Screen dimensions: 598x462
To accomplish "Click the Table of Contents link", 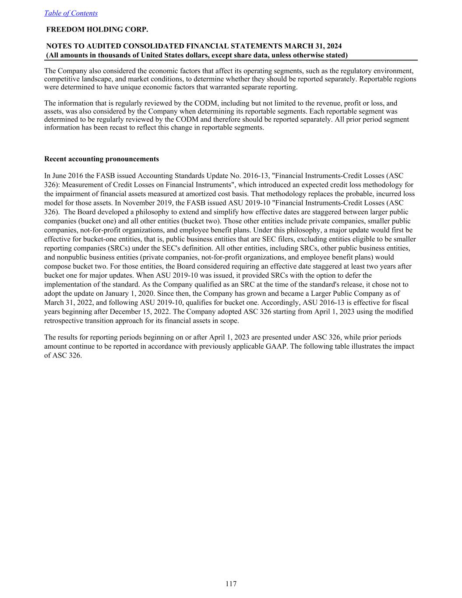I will [71, 13].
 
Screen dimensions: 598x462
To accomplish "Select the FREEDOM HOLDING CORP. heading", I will [97, 29].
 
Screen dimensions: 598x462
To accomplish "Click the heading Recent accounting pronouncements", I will [102, 159].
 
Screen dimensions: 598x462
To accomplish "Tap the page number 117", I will [231, 584].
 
